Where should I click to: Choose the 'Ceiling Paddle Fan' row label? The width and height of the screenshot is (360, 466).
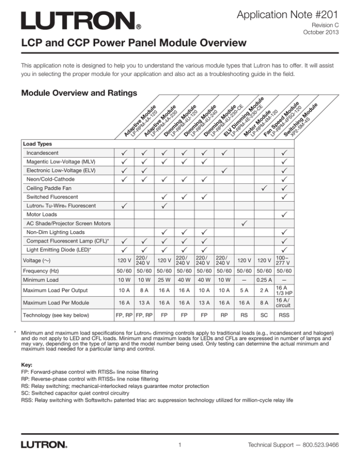click(52, 188)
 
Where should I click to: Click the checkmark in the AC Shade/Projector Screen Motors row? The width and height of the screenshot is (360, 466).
click(244, 223)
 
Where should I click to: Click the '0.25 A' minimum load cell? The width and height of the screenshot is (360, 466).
click(264, 280)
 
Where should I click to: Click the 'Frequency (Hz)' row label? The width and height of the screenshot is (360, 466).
click(41, 271)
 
